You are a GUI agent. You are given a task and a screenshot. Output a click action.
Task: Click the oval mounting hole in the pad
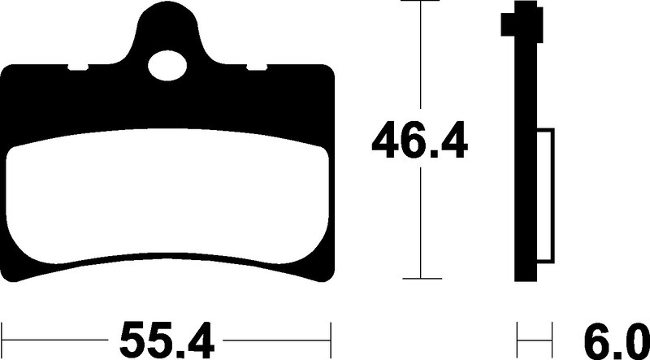coord(167,66)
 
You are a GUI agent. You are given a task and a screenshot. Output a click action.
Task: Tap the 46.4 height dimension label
coord(420,139)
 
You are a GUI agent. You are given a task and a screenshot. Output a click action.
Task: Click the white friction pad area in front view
coord(168,196)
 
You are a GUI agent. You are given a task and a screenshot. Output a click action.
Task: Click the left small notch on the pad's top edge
coord(78,67)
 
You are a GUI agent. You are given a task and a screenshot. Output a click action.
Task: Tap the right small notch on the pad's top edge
coord(257,67)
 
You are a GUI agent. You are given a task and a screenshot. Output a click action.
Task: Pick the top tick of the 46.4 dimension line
coord(420,1)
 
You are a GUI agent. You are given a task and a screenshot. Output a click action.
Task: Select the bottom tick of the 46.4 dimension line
coord(420,278)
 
